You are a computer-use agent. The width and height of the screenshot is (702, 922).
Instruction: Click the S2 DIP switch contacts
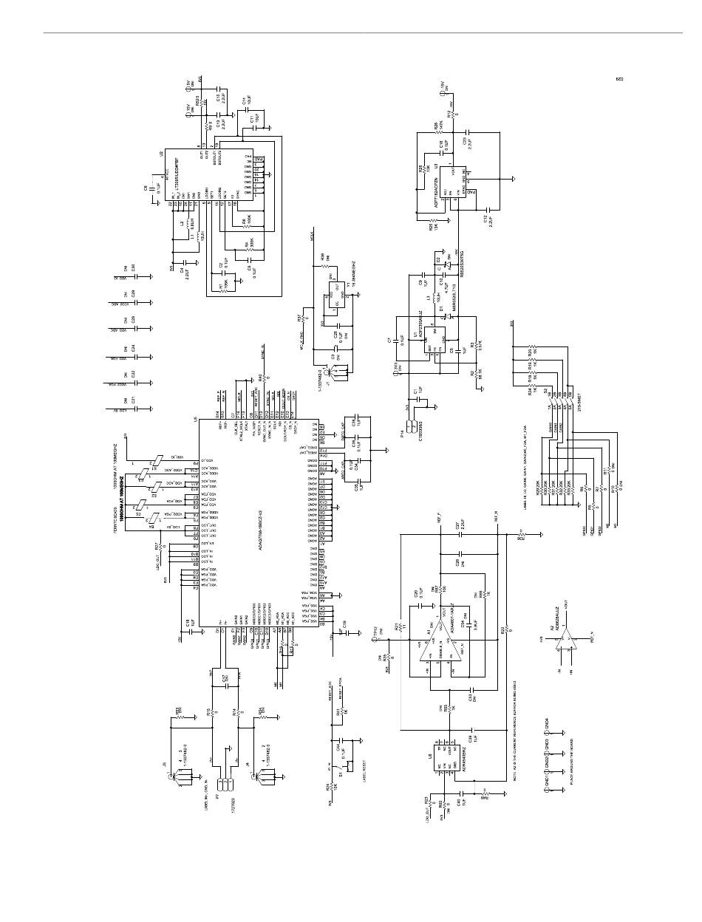[x=555, y=402]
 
